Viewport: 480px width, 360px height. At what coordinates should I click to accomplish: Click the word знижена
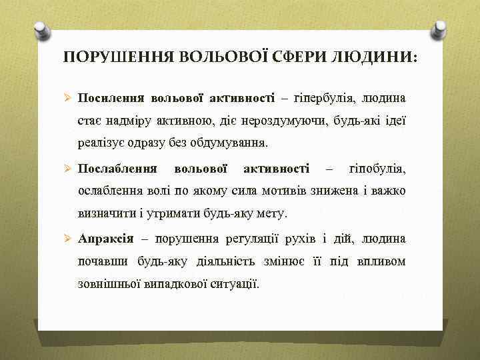pyautogui.click(x=340, y=191)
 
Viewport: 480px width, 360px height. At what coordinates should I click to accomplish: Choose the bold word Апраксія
pyautogui.click(x=105, y=239)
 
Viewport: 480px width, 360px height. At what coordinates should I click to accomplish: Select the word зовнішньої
pyautogui.click(x=107, y=284)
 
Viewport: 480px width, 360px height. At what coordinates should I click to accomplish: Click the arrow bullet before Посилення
pyautogui.click(x=67, y=99)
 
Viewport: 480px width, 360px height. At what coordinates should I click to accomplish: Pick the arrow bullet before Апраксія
pyautogui.click(x=67, y=239)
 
